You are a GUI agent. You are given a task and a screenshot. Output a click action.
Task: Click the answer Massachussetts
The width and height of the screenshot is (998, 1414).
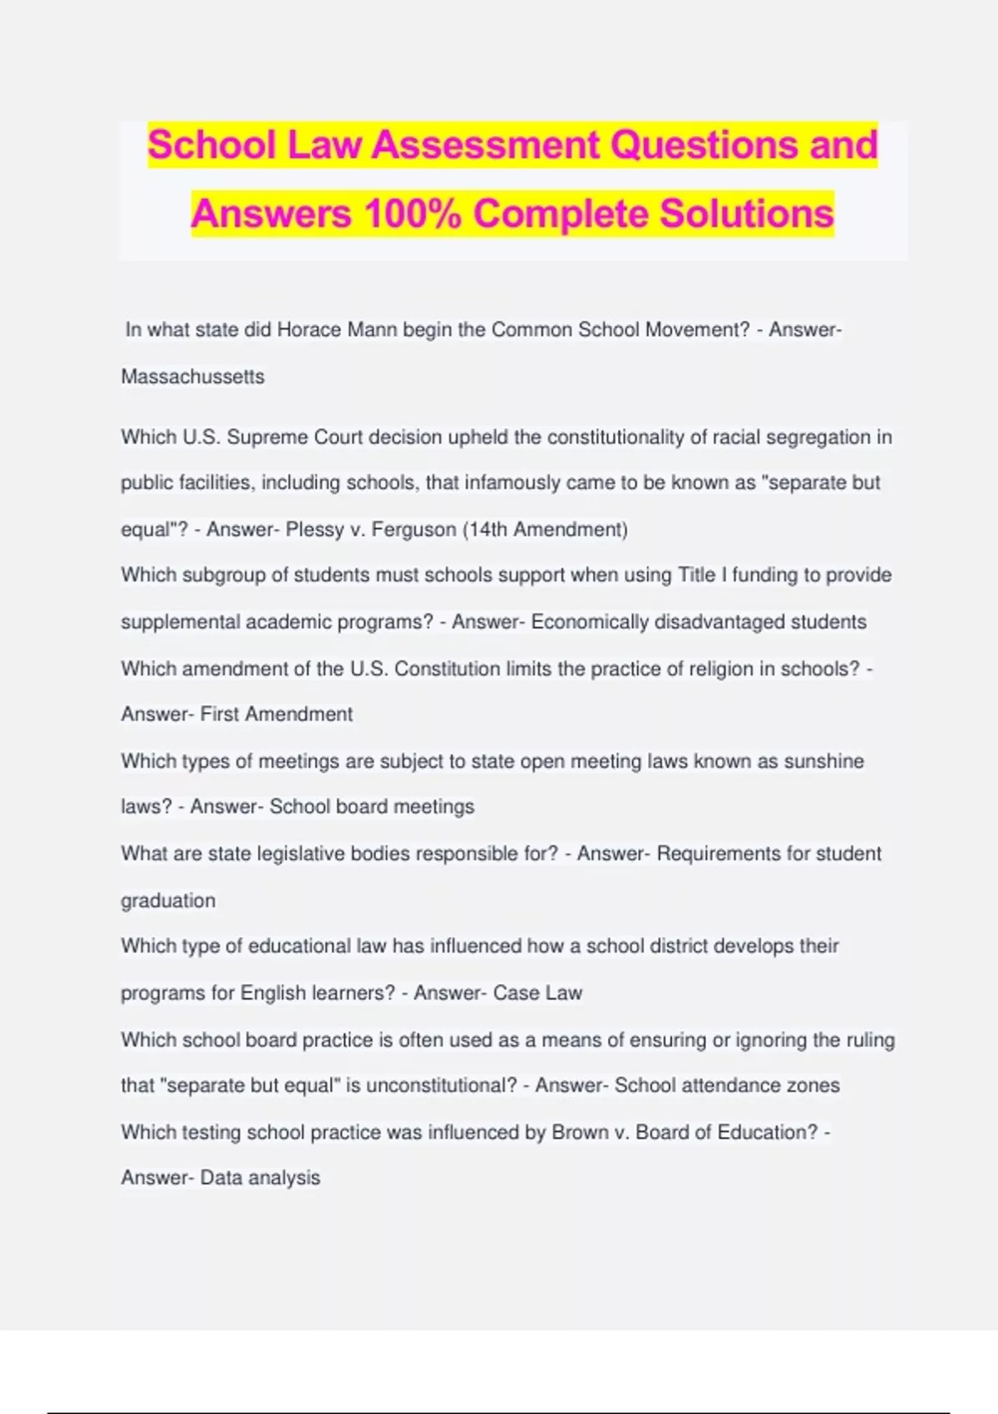(193, 377)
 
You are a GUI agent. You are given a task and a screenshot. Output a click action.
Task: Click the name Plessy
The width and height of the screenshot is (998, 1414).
(313, 530)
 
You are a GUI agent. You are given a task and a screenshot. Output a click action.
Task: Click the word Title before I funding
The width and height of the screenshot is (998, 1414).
(696, 576)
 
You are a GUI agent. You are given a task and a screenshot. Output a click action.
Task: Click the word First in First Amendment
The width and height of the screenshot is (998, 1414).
(219, 714)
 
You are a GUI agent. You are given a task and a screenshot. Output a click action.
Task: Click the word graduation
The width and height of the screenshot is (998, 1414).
(168, 901)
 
